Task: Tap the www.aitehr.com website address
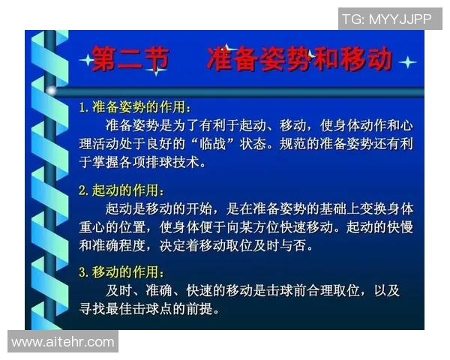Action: [x=63, y=342]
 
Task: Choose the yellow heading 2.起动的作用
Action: [x=122, y=190]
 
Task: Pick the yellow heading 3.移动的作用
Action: [x=122, y=272]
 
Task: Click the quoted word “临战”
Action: [x=236, y=142]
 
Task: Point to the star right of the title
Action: [x=407, y=62]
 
